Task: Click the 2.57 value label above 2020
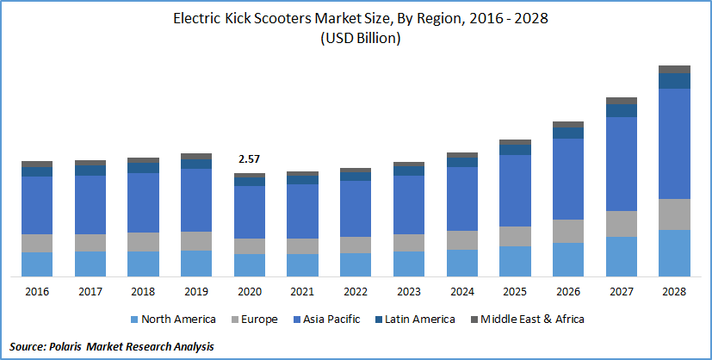[250, 159]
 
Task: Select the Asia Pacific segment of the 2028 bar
[674, 144]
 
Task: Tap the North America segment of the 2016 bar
[37, 264]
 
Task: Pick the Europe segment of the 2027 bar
[622, 224]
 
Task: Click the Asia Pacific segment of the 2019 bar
[196, 200]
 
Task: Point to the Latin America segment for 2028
[674, 81]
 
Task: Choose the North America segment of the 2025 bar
[515, 261]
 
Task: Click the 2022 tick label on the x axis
[356, 291]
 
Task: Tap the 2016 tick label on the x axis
[37, 291]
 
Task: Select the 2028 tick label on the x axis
[674, 291]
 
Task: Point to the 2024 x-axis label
[462, 291]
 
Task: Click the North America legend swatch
[133, 320]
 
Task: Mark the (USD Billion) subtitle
[356, 38]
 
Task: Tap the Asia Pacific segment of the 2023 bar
[409, 205]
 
